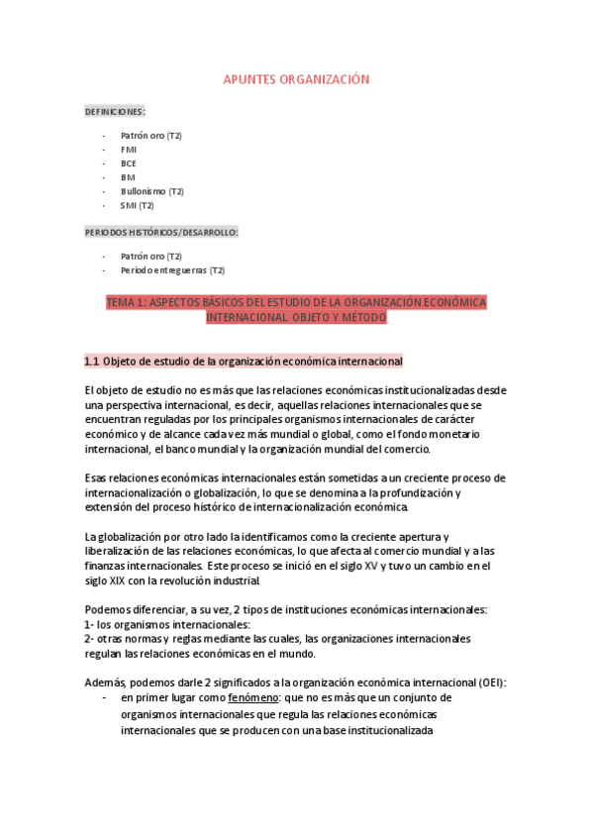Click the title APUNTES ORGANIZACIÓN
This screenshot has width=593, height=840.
296,78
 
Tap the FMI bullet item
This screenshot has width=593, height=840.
129,149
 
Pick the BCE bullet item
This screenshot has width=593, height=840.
129,162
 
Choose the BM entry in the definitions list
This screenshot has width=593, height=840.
128,177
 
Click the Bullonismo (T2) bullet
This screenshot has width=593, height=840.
151,191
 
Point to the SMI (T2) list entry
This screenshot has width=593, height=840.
137,205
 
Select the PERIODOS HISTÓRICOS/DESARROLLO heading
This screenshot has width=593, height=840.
161,232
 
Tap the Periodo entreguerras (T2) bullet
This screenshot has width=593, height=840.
172,269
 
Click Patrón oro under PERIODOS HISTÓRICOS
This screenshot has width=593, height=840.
150,256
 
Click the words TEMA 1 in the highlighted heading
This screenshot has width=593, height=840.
126,302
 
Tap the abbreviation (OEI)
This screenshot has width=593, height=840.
488,682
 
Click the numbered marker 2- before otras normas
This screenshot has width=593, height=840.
89,639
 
